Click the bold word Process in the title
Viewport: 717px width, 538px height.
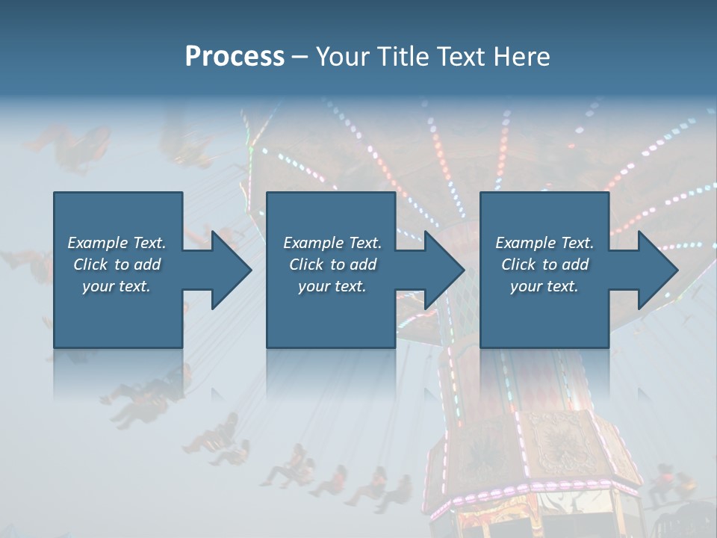(235, 56)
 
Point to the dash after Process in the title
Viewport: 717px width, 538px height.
(300, 57)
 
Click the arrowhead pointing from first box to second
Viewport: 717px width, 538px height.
(229, 270)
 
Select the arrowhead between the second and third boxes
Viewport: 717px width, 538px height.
(442, 270)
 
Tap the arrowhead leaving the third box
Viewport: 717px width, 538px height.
(655, 270)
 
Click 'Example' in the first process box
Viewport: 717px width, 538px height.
(98, 243)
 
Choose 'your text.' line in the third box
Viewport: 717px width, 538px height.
(544, 286)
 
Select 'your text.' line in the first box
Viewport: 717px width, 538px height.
(117, 286)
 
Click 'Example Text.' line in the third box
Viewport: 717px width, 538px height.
(544, 243)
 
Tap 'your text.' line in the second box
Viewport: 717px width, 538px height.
(332, 286)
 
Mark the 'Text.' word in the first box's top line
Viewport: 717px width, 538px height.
(149, 243)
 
